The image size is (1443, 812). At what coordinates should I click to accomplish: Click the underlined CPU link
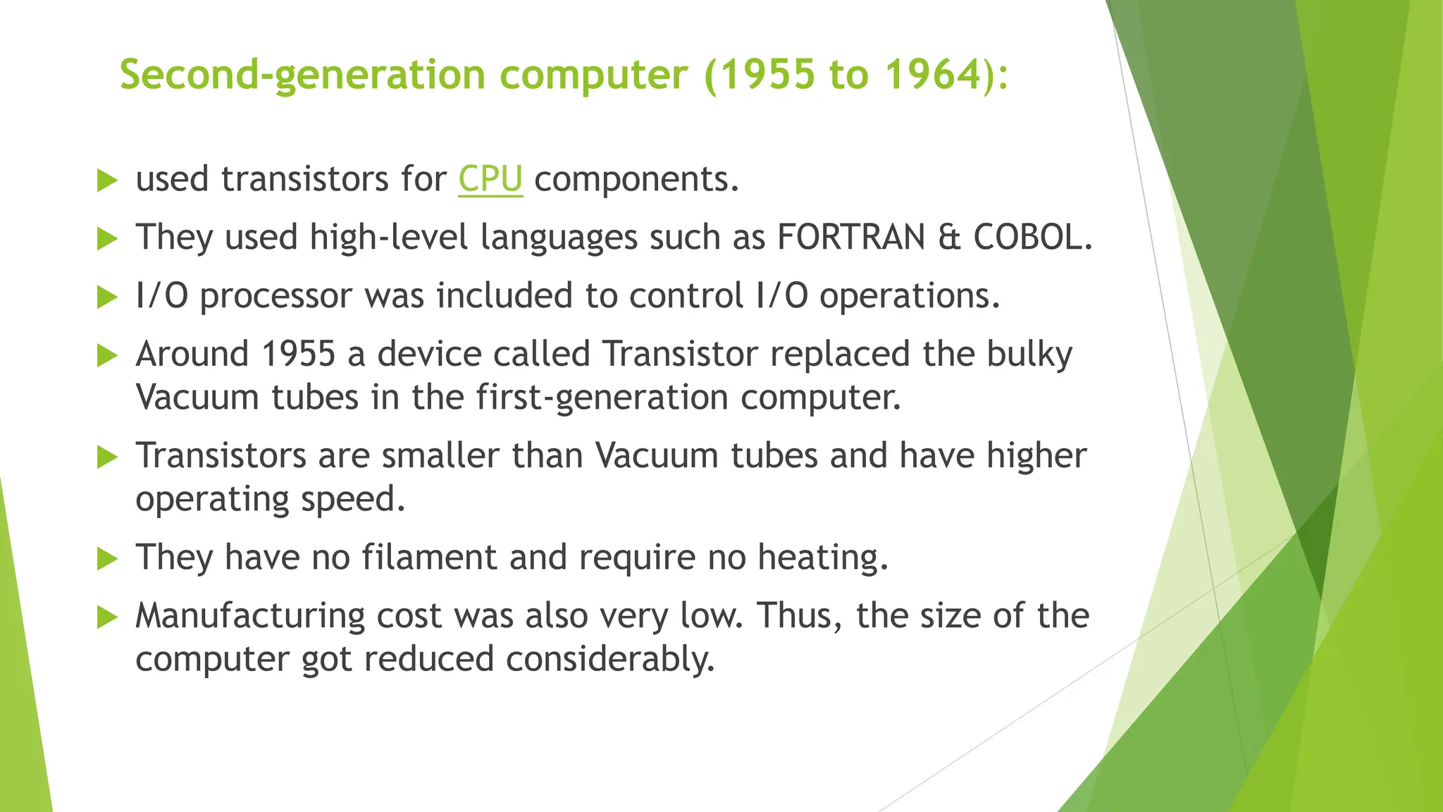[x=490, y=179]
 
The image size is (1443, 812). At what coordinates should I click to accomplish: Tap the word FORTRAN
[x=851, y=237]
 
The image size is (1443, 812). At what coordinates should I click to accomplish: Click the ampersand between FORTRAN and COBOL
[x=949, y=237]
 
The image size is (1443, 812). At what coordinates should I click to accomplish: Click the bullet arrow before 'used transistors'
[x=106, y=180]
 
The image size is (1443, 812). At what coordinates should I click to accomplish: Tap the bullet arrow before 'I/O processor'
[x=106, y=297]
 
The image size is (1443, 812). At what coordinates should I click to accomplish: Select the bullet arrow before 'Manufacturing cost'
[x=106, y=617]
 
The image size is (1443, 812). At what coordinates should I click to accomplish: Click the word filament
[x=429, y=558]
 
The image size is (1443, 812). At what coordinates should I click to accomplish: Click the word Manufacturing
[x=249, y=617]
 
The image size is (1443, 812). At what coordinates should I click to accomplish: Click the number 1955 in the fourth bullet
[x=298, y=354]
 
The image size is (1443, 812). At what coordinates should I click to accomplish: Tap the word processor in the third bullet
[x=275, y=297]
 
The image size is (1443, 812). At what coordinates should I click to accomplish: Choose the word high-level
[x=389, y=238]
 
